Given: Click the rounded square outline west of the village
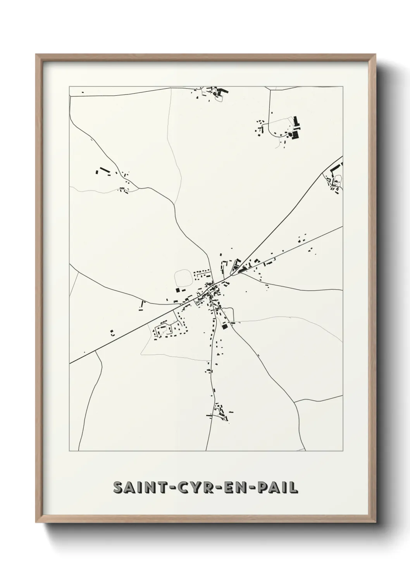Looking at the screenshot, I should point(183,278).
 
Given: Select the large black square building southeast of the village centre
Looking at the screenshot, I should point(224,326).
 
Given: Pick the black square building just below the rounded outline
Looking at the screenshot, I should point(178,289).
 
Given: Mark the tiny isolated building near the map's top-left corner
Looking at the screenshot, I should point(83,92).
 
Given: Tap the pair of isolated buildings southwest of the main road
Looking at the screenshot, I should point(112,333).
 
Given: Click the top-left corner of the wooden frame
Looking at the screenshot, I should point(36,55).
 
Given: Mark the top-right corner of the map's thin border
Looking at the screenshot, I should point(343,86).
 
